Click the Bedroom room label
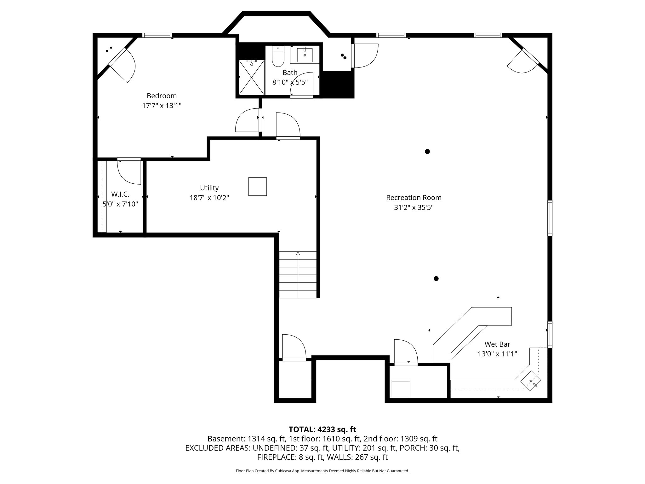[x=162, y=96]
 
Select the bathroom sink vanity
[x=305, y=55]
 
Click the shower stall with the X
[x=251, y=78]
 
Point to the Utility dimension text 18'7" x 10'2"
[x=209, y=198]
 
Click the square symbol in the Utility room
[x=257, y=187]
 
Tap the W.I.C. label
[x=120, y=194]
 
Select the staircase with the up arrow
[x=298, y=275]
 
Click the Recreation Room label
[x=414, y=198]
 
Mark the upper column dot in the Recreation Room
[x=427, y=152]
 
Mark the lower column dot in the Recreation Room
[x=436, y=279]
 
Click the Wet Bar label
[x=497, y=344]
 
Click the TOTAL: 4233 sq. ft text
[x=322, y=429]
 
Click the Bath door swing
[x=302, y=84]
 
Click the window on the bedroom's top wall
[x=157, y=35]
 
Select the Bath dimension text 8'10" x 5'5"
[x=290, y=82]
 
